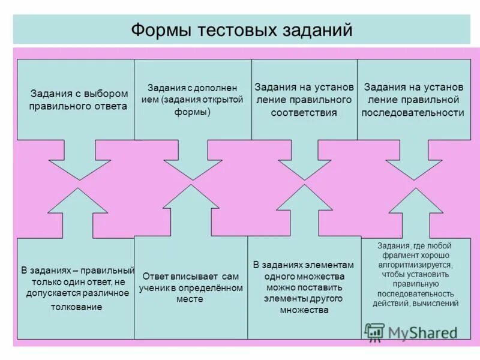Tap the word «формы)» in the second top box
pyautogui.click(x=193, y=112)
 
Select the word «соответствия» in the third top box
pyautogui.click(x=304, y=112)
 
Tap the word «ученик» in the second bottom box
pyautogui.click(x=154, y=287)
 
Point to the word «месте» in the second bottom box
pyautogui.click(x=190, y=298)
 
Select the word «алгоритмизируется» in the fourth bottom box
pyautogui.click(x=415, y=264)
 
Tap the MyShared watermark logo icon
pyautogui.click(x=374, y=331)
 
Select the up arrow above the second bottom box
pyautogui.click(x=191, y=210)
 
